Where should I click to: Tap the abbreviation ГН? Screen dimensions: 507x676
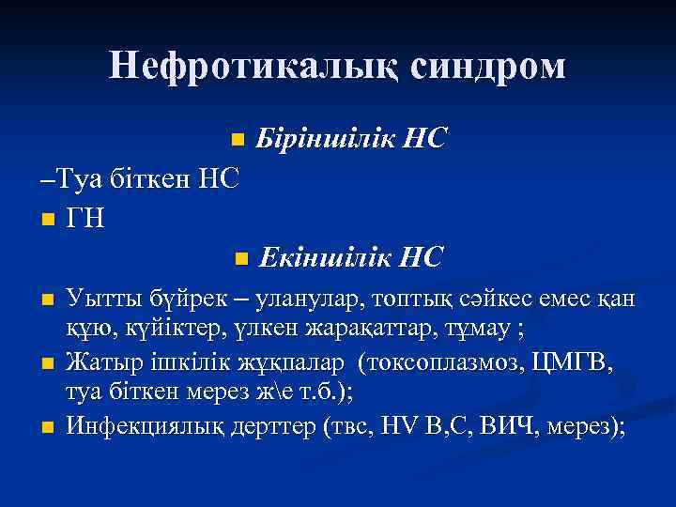point(86,219)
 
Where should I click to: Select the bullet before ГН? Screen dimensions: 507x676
point(48,221)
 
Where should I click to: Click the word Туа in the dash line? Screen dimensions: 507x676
point(75,177)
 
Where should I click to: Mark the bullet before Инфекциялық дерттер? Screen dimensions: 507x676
point(48,427)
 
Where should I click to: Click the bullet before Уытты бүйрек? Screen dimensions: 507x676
point(48,301)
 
